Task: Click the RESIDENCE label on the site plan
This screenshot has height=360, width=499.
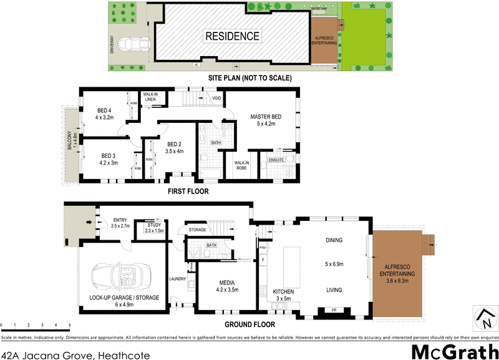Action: [x=232, y=36]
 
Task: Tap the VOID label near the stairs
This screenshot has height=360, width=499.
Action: [x=216, y=98]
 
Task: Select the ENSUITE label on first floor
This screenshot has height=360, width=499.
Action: [x=277, y=160]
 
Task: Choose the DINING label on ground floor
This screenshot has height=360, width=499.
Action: [x=336, y=240]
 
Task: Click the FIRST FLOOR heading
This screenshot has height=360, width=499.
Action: [x=187, y=191]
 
